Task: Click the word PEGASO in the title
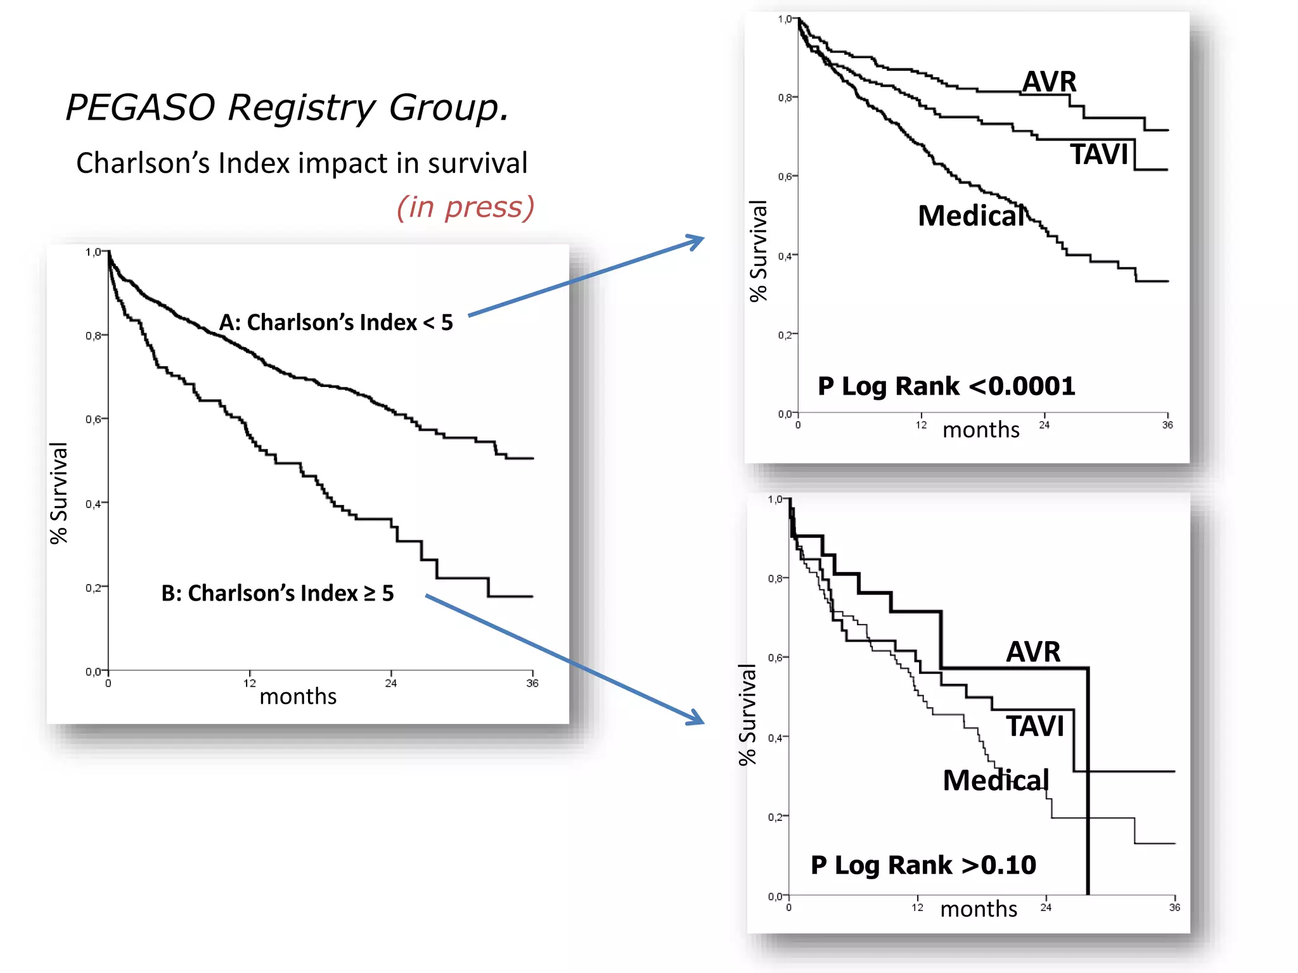tap(140, 107)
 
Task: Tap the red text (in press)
tap(466, 207)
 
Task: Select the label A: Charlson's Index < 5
tap(336, 322)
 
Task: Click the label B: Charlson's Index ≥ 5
tap(278, 593)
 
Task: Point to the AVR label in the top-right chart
tap(1050, 82)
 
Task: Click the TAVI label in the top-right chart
tap(1100, 155)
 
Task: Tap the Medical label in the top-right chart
tap(971, 216)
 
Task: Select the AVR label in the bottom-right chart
tap(1033, 652)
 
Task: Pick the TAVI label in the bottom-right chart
tap(1036, 726)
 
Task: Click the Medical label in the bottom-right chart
tap(996, 780)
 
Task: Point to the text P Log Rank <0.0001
tap(946, 386)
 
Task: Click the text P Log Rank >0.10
tap(923, 865)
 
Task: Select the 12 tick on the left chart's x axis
tap(250, 683)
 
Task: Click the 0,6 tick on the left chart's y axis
tap(93, 419)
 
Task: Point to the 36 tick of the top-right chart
tap(1167, 425)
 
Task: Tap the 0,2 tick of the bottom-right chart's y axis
tap(775, 817)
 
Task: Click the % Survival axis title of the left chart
tap(58, 493)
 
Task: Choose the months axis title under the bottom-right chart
tap(979, 909)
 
